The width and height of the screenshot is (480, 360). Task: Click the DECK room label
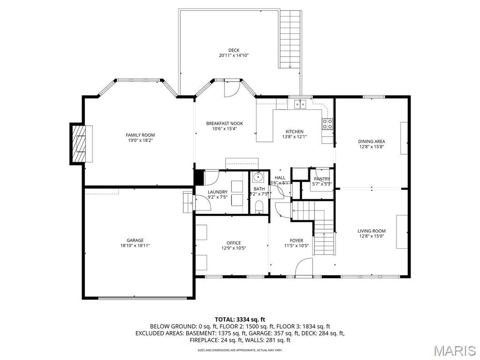point(233,50)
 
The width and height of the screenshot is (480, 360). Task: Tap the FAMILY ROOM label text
point(140,135)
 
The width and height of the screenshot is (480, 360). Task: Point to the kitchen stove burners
point(327,124)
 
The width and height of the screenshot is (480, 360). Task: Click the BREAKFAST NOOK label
point(225,124)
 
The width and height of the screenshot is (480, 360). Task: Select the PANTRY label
point(322,179)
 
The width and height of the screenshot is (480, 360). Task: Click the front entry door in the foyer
point(304,268)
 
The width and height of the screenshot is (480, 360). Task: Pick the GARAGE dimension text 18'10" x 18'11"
point(135,245)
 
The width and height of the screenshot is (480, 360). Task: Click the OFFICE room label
point(233,243)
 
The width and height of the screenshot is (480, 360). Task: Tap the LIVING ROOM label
point(371,231)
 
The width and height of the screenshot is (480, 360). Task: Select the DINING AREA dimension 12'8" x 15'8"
point(372,146)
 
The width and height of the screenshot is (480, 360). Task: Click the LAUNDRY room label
point(217,192)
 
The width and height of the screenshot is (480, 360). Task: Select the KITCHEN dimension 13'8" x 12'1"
point(294,137)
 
